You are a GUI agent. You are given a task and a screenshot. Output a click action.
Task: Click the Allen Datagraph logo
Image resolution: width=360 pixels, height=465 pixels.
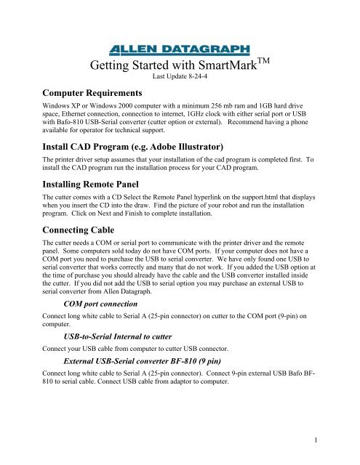coord(179,49)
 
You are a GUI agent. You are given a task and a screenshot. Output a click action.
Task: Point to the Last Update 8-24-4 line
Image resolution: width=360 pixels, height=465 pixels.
coord(179,76)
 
